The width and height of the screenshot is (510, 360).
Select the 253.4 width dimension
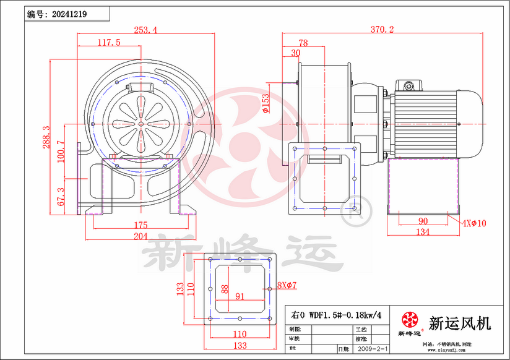[145, 29]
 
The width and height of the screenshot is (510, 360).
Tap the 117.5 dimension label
[109, 42]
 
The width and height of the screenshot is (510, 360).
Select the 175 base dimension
[141, 225]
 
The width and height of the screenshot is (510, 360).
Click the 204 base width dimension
[141, 236]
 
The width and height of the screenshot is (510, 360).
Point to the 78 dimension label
[303, 43]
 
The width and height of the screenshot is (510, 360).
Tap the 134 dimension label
[423, 233]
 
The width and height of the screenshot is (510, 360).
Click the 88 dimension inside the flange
[225, 288]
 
